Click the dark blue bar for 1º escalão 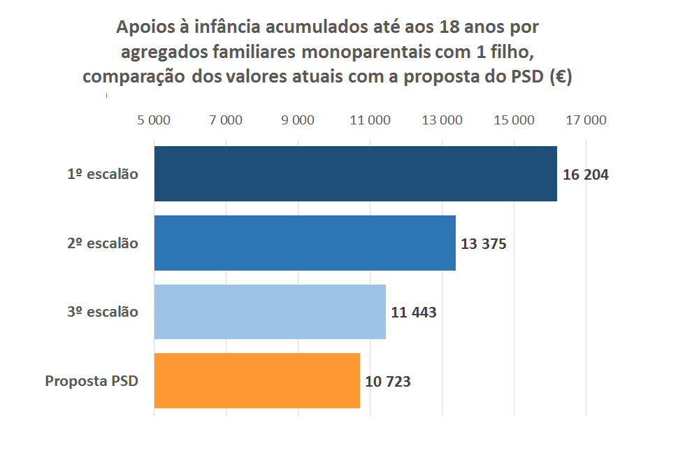coord(355,174)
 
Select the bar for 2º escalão coord(305,243)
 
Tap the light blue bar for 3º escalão coord(270,312)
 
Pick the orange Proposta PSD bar coord(257,380)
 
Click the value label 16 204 coord(586,175)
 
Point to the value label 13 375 coord(484,244)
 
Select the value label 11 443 coord(414,313)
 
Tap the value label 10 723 coord(388,382)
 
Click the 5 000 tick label coord(154,120)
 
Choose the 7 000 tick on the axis coord(226,120)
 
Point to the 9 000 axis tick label coord(298,120)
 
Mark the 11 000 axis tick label coord(370,120)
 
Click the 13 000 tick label coord(442,120)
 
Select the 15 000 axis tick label coord(514,120)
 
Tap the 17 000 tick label coord(586,120)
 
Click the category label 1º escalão coord(103,174)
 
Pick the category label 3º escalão coord(103,312)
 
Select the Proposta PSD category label coord(92,381)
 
